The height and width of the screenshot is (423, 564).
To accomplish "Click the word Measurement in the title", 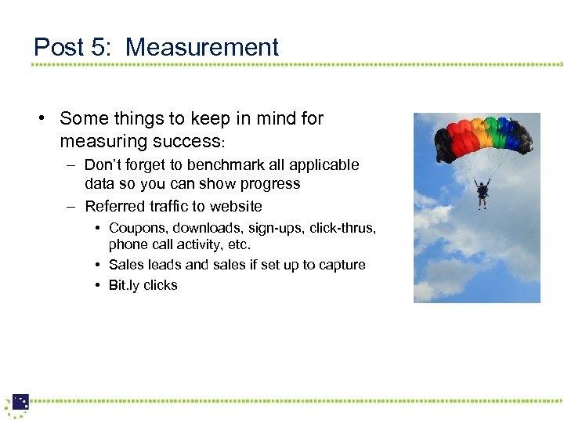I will [x=202, y=47].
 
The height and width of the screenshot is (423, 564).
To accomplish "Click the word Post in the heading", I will [x=60, y=47].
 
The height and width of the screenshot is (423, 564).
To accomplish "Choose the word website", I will [x=232, y=207].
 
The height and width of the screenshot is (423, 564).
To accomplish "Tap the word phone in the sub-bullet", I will [x=128, y=245].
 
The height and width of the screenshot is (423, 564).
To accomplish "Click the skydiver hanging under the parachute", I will [x=483, y=193].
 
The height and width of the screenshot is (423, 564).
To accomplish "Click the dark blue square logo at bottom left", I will [x=20, y=402].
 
